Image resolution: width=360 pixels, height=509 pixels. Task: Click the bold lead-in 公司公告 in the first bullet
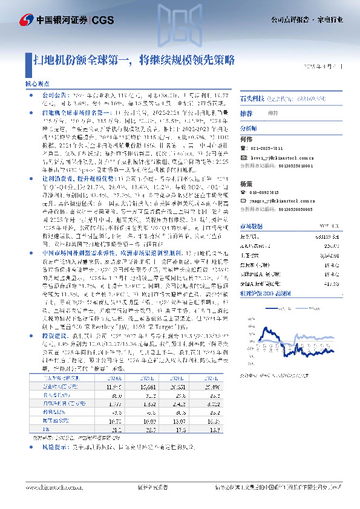pos(55,96)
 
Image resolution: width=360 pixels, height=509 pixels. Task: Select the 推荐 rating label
pos(246,113)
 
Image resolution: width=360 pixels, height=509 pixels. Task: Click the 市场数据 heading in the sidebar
pos(253,225)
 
